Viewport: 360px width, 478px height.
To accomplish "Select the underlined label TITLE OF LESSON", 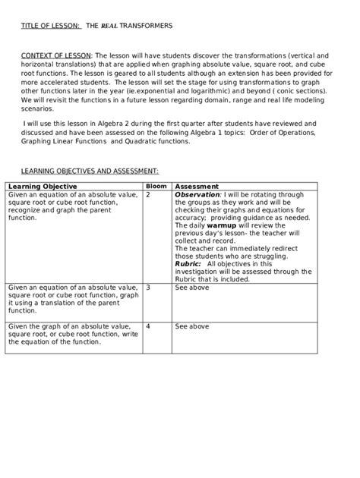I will coord(50,26).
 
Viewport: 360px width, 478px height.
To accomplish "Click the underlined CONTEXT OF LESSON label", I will coord(55,55).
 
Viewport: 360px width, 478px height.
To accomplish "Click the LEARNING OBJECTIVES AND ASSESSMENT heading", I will coord(90,172).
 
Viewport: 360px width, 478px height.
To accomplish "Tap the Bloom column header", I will coord(156,186).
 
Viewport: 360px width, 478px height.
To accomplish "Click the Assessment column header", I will coord(197,187).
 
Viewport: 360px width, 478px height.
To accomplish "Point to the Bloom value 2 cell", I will coord(148,194).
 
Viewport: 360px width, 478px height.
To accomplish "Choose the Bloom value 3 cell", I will coord(148,288).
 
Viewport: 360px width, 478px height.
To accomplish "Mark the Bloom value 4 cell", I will coord(148,326).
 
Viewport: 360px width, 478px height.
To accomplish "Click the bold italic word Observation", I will coord(197,194).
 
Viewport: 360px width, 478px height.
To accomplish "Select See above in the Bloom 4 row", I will coord(191,326).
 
